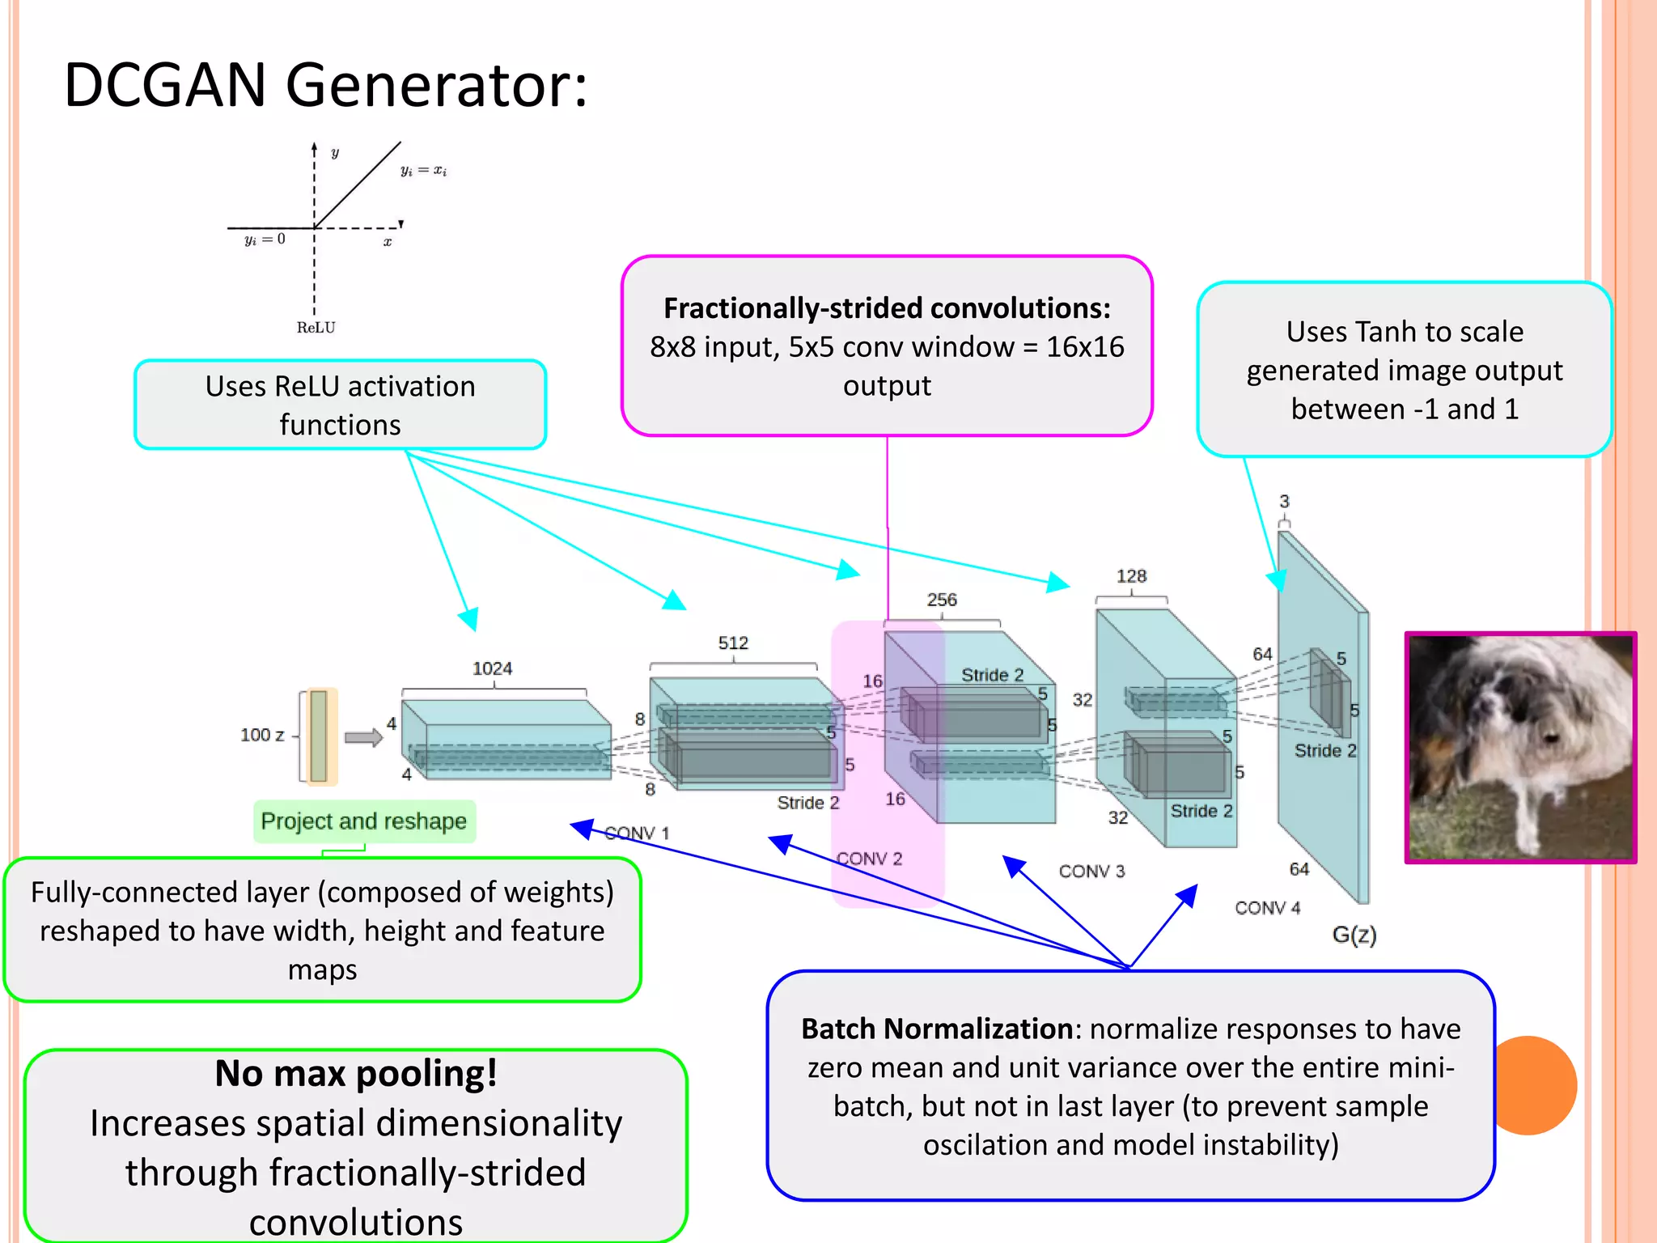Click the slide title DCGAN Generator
point(324,85)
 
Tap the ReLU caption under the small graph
point(316,328)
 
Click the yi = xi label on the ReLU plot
point(423,171)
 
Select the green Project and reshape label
point(363,821)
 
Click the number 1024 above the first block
point(492,668)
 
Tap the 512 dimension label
point(733,643)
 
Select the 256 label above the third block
point(942,600)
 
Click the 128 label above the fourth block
point(1131,576)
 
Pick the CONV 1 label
point(637,833)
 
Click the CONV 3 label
point(1091,872)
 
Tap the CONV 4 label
point(1267,908)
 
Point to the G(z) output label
point(1354,935)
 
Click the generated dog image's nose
point(1550,737)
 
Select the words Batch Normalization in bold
point(936,1029)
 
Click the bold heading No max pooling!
point(355,1074)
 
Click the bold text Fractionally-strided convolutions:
point(887,308)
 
